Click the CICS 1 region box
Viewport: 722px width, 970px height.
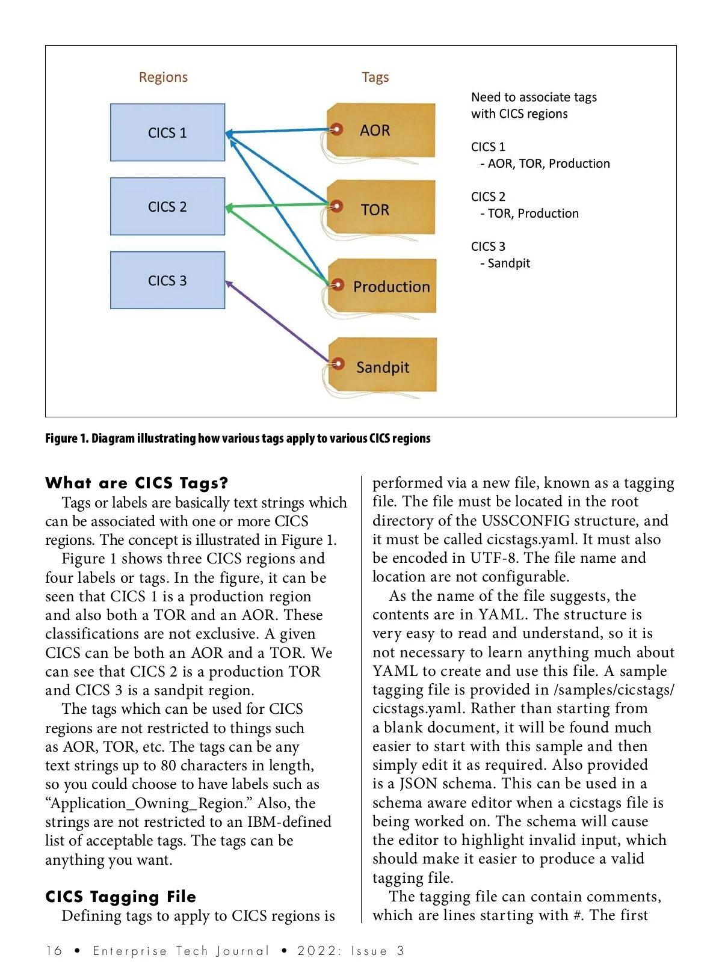tap(167, 133)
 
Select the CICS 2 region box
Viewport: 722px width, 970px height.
tap(167, 206)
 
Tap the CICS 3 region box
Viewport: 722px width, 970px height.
tap(167, 280)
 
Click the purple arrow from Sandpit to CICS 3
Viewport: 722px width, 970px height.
tap(277, 321)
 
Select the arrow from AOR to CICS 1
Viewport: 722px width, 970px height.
tap(280, 130)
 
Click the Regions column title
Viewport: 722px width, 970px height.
tap(163, 77)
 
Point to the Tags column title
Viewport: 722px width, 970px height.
tap(375, 77)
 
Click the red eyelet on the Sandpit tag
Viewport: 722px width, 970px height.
tap(339, 363)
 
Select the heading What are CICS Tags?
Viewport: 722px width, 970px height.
tap(137, 483)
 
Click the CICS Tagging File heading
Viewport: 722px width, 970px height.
tap(120, 897)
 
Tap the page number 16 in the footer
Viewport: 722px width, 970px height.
tap(54, 951)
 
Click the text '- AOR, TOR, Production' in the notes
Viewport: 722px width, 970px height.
tap(545, 164)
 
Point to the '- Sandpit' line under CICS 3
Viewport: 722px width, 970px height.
tap(505, 263)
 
